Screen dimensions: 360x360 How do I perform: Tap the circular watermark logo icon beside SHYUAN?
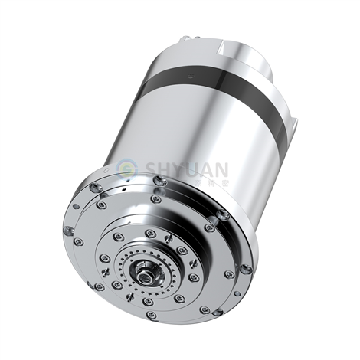(x=127, y=167)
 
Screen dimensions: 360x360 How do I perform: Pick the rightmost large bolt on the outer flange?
(x=245, y=270)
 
